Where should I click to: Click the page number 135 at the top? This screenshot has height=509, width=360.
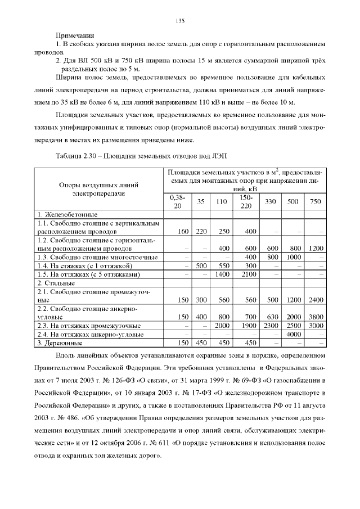(180, 21)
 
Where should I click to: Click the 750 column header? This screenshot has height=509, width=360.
(316, 202)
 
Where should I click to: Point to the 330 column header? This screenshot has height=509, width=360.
(271, 202)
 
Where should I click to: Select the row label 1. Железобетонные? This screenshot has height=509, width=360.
(67, 214)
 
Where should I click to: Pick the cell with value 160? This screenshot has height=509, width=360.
(182, 231)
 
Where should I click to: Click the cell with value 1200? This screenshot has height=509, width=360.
(316, 248)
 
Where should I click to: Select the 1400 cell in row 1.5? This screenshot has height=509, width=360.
(223, 274)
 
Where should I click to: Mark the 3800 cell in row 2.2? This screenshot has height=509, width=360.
(316, 317)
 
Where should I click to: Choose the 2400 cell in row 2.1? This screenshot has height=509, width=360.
(316, 300)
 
